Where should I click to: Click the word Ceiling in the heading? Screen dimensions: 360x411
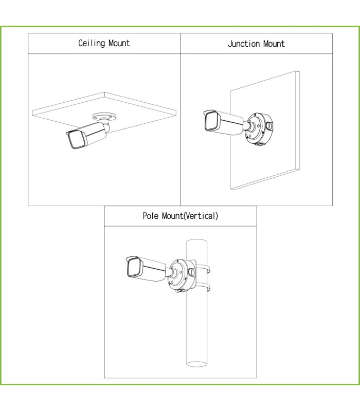(92, 43)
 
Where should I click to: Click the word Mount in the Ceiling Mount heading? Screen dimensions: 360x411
(119, 43)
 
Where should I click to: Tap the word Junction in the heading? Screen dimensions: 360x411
(244, 44)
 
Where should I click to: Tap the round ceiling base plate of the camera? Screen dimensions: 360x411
(104, 116)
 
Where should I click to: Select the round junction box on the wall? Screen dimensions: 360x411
(259, 128)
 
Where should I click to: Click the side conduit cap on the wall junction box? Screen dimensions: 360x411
(269, 126)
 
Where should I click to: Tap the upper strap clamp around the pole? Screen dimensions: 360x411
(203, 269)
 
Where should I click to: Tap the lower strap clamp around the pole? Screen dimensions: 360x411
(203, 287)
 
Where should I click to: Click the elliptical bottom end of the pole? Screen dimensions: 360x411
(197, 364)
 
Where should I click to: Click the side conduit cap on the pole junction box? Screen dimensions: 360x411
(192, 272)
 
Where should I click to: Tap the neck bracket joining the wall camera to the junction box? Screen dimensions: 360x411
(248, 125)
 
